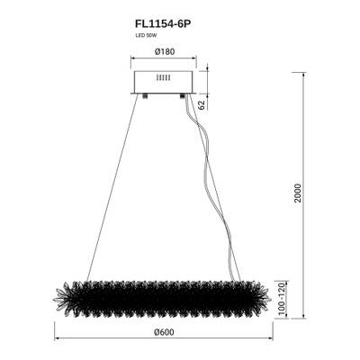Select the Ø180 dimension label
click(163, 52)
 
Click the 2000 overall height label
click(310, 193)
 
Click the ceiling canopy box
click(163, 79)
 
